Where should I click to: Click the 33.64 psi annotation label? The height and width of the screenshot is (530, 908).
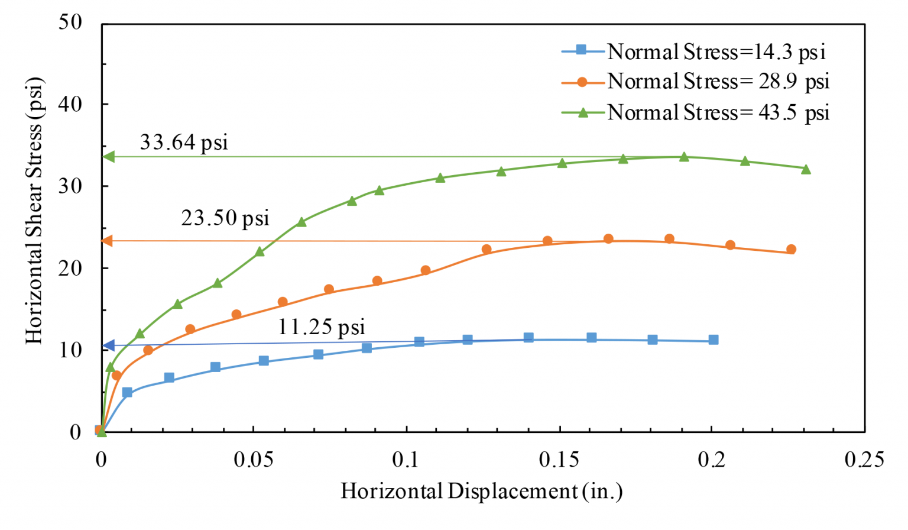point(183,143)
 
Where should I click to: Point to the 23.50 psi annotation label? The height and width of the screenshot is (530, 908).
point(225,218)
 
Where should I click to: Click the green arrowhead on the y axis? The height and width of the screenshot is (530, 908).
point(109,157)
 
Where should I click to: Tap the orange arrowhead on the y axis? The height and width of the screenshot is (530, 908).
point(108,241)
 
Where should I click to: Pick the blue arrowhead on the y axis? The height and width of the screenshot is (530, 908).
point(108,345)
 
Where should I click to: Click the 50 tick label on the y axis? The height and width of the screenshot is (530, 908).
point(70,22)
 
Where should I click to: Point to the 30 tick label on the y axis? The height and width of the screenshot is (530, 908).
point(70,186)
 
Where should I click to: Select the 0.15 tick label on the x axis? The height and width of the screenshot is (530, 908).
point(559,460)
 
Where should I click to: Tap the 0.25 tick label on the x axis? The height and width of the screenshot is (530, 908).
point(864,460)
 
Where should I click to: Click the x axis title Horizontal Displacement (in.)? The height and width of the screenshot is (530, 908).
point(481,491)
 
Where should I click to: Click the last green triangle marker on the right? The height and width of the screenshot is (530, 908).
point(806,169)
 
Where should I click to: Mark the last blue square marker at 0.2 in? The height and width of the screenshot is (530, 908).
point(714,340)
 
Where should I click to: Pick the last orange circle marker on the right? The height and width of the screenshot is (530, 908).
point(791,249)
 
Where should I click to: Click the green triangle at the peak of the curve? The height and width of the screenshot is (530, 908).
point(684,157)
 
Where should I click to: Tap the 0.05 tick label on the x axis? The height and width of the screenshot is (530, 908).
point(253,460)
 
